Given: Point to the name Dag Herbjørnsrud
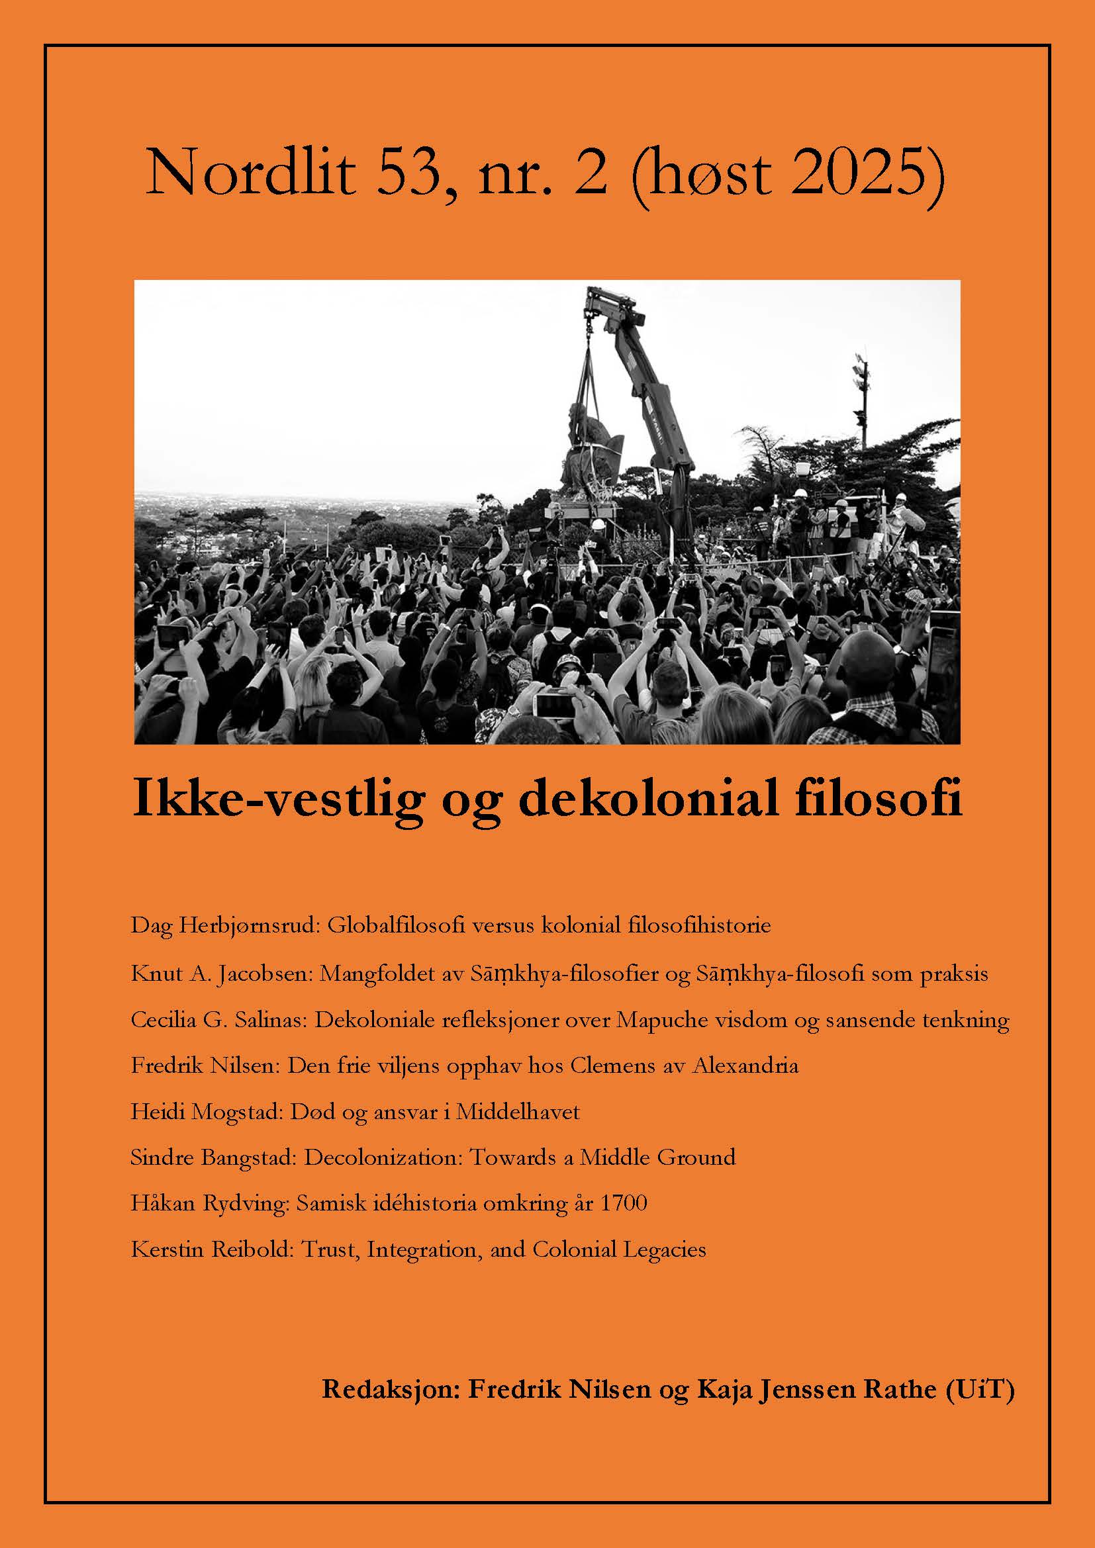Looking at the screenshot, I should (x=223, y=925).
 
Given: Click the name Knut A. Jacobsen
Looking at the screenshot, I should (x=219, y=974).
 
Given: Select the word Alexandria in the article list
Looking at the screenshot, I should (x=745, y=1066).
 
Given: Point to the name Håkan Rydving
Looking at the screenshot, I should (x=209, y=1203).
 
